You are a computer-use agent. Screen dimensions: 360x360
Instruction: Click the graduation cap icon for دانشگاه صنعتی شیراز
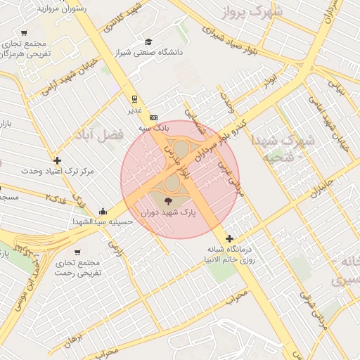[x=148, y=42]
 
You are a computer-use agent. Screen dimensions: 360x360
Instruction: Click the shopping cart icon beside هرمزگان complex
[x=25, y=33]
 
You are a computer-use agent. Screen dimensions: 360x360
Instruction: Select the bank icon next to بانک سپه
[x=154, y=117]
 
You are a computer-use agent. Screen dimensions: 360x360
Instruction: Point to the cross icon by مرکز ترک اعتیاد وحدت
[x=57, y=160]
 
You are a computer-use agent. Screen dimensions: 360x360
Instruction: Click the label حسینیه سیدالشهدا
[x=102, y=221]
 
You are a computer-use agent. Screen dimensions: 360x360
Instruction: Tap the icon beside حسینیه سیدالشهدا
[x=103, y=210]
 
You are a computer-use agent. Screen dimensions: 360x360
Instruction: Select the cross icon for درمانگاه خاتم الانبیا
[x=229, y=238]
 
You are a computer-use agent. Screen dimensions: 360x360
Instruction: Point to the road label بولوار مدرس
[x=176, y=160]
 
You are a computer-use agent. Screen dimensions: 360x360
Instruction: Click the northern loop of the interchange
[x=181, y=148]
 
